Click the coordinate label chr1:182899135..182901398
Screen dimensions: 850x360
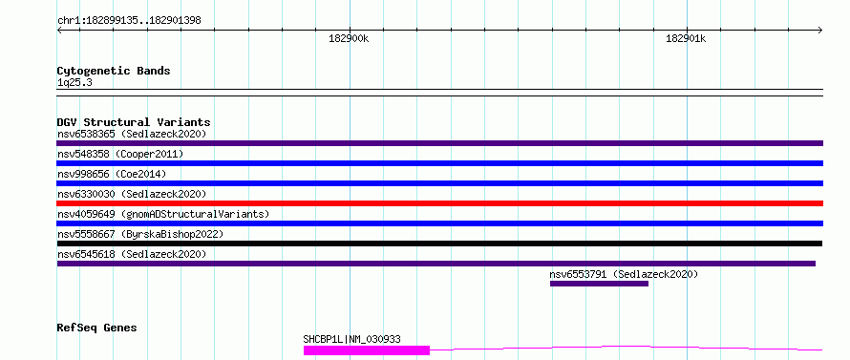[129, 21]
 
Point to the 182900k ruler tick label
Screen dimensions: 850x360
[350, 38]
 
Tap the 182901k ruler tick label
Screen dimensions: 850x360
[687, 38]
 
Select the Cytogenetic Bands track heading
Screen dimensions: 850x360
[114, 71]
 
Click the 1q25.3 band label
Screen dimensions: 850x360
[74, 83]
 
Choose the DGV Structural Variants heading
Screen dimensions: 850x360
[134, 122]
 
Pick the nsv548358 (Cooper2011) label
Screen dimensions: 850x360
[120, 154]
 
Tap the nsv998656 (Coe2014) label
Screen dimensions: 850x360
[112, 174]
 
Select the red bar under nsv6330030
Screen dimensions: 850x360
[439, 203]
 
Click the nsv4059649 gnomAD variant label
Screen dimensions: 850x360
[163, 214]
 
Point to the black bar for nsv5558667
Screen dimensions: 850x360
[439, 244]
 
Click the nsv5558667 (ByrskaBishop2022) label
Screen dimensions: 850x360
[140, 234]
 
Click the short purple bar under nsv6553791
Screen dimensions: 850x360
[599, 284]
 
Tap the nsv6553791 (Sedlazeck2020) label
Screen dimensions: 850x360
[624, 274]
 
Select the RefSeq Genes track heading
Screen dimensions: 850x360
[97, 328]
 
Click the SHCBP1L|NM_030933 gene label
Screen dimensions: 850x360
[351, 339]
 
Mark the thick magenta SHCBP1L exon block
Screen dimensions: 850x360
[367, 350]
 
